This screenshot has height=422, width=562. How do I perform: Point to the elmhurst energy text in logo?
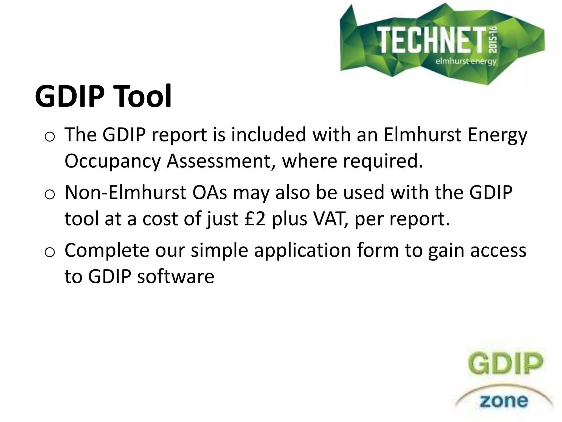pos(466,61)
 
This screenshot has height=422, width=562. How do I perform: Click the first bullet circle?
pos(50,137)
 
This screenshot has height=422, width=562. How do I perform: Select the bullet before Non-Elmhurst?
pos(50,195)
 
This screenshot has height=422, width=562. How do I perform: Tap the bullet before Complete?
pos(50,252)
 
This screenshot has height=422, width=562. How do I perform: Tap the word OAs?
pos(210,193)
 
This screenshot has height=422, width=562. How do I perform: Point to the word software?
pos(176,276)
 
